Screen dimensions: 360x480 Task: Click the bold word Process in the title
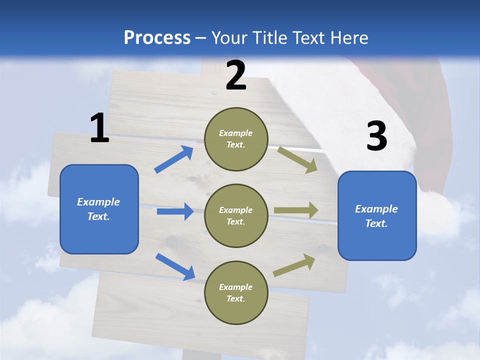point(157,37)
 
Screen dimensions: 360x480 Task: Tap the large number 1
point(99,128)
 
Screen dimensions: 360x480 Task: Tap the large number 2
point(236,75)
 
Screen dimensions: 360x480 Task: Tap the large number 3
point(376,136)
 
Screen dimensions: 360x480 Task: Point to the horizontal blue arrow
point(175,211)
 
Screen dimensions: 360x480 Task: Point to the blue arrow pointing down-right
point(175,266)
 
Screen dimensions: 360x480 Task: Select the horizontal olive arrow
point(296,210)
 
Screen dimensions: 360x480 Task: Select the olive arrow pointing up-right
point(294,265)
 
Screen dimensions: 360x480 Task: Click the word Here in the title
point(348,37)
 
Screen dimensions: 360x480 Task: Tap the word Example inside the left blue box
point(98,202)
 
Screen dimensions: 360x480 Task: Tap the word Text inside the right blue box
point(376,223)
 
